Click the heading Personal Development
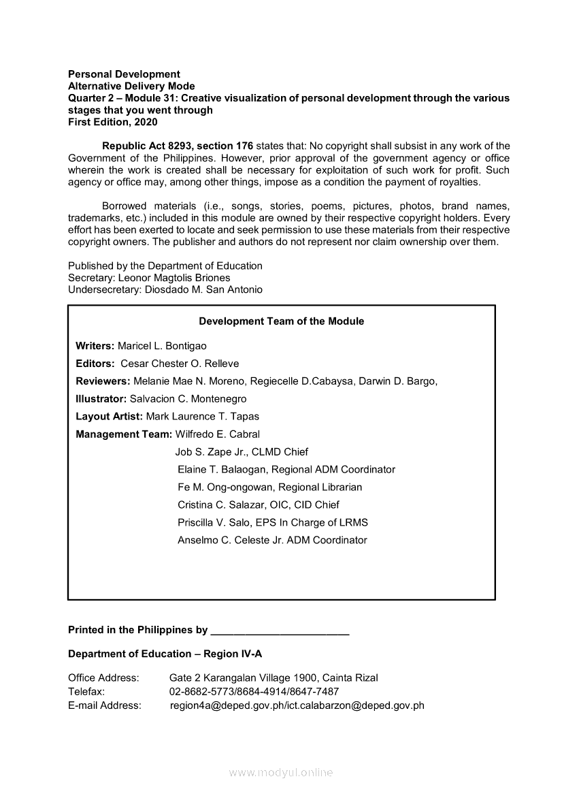click(124, 74)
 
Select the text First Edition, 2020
click(112, 122)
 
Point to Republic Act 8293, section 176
click(178, 146)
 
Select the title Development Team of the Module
click(281, 321)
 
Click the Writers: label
click(95, 346)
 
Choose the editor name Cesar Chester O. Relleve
click(180, 364)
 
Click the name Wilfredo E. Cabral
click(218, 434)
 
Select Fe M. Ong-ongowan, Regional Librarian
click(269, 488)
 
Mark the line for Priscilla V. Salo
click(272, 523)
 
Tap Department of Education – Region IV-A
click(165, 654)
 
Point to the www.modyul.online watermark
click(281, 773)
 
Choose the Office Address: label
click(103, 678)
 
